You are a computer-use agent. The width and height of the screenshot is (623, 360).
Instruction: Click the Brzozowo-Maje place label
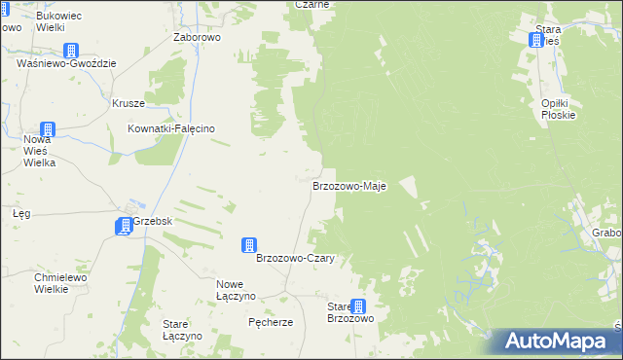(349, 185)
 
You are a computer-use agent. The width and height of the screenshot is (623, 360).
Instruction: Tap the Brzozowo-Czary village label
(295, 259)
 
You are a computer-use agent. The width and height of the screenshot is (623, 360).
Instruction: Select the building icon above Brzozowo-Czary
(250, 244)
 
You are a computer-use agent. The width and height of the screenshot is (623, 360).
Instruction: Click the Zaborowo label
(198, 38)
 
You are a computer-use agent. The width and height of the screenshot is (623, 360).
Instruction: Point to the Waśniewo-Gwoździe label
(67, 63)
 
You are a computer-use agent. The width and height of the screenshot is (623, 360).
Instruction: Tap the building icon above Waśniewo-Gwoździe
(71, 50)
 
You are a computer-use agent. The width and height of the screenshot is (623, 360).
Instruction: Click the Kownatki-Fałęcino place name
(171, 128)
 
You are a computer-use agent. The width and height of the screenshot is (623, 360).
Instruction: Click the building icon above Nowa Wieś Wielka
(47, 129)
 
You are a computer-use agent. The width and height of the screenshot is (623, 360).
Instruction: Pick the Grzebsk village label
(153, 221)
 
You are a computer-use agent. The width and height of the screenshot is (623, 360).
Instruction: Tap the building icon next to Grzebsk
(124, 226)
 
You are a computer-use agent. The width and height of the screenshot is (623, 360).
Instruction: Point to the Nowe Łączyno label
(236, 289)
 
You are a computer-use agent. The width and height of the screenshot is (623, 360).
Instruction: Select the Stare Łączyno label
(182, 329)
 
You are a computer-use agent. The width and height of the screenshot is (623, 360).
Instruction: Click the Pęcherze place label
(271, 322)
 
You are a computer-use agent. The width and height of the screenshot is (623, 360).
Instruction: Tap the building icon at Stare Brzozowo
(359, 306)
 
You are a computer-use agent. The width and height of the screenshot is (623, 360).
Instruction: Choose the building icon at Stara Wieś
(535, 40)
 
